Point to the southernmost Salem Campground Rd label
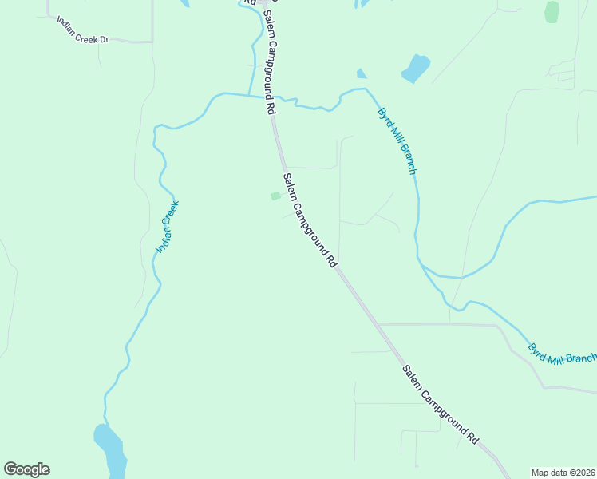[441, 406]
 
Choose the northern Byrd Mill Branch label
[397, 141]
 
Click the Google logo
[26, 469]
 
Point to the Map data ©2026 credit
[563, 472]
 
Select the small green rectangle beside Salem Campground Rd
[275, 196]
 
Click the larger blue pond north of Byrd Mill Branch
[415, 68]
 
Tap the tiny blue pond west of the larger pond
[362, 74]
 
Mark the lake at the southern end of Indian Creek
[111, 450]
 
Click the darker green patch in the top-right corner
[552, 12]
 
